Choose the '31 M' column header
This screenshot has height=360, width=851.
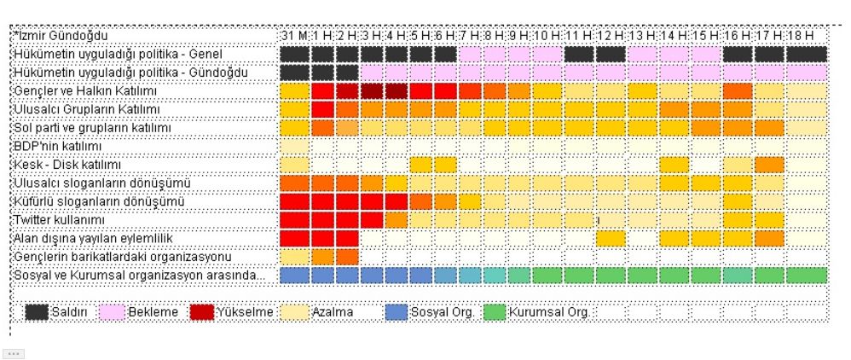(293, 36)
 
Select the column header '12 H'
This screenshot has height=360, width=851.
(611, 36)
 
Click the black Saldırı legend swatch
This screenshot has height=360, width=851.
(36, 311)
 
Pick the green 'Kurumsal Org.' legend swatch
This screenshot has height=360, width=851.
(495, 311)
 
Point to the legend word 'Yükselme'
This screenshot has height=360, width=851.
(245, 312)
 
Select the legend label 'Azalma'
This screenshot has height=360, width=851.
(333, 312)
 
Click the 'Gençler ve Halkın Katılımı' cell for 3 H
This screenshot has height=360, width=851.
(373, 91)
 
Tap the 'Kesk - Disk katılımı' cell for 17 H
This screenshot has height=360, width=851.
(769, 164)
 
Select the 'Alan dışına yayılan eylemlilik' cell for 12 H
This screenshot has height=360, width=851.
(611, 238)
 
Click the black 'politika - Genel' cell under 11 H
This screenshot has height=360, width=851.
(579, 55)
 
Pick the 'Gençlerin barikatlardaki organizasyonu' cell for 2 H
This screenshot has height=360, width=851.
(348, 256)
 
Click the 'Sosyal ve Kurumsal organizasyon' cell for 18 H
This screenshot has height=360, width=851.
(807, 276)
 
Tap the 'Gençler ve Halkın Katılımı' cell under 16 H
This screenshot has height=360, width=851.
(738, 91)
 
